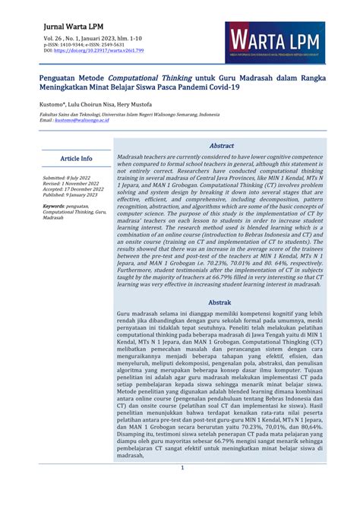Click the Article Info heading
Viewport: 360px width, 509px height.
[x=76, y=159]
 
